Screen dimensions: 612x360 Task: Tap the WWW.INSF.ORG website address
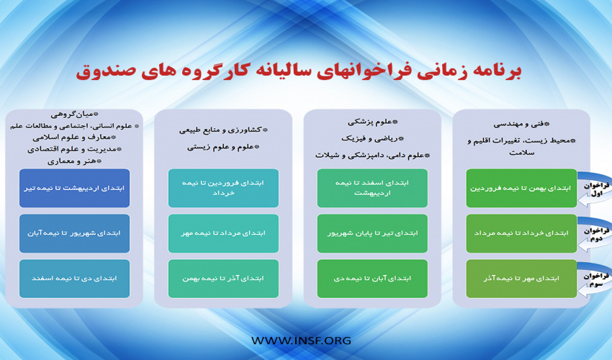pyautogui.click(x=301, y=341)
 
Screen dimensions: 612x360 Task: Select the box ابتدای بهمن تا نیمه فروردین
pyautogui.click(x=521, y=188)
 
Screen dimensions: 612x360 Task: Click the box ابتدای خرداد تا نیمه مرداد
pyautogui.click(x=521, y=233)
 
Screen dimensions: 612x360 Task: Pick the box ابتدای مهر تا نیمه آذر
pyautogui.click(x=521, y=279)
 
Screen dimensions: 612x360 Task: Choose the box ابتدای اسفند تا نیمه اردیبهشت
pyautogui.click(x=372, y=188)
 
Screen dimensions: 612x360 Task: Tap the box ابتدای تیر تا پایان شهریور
pyautogui.click(x=372, y=233)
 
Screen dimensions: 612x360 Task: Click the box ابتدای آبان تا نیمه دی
pyautogui.click(x=372, y=279)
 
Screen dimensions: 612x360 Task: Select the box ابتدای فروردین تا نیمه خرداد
pyautogui.click(x=223, y=188)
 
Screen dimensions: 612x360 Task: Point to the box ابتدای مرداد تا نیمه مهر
pyautogui.click(x=223, y=233)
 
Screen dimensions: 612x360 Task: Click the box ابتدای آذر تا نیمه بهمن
pyautogui.click(x=223, y=279)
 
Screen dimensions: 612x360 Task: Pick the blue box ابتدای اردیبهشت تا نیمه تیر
pyautogui.click(x=74, y=188)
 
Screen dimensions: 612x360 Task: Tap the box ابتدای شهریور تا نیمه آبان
pyautogui.click(x=74, y=233)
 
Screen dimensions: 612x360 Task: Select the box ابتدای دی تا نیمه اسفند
pyautogui.click(x=74, y=279)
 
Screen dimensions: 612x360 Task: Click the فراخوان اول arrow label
pyautogui.click(x=596, y=189)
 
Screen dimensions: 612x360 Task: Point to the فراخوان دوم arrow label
pyautogui.click(x=596, y=234)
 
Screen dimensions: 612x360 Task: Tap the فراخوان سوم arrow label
pyautogui.click(x=596, y=279)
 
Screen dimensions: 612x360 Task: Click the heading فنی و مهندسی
pyautogui.click(x=521, y=124)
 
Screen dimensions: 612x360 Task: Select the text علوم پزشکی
pyautogui.click(x=373, y=122)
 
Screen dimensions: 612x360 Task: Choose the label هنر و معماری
pyautogui.click(x=74, y=161)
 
